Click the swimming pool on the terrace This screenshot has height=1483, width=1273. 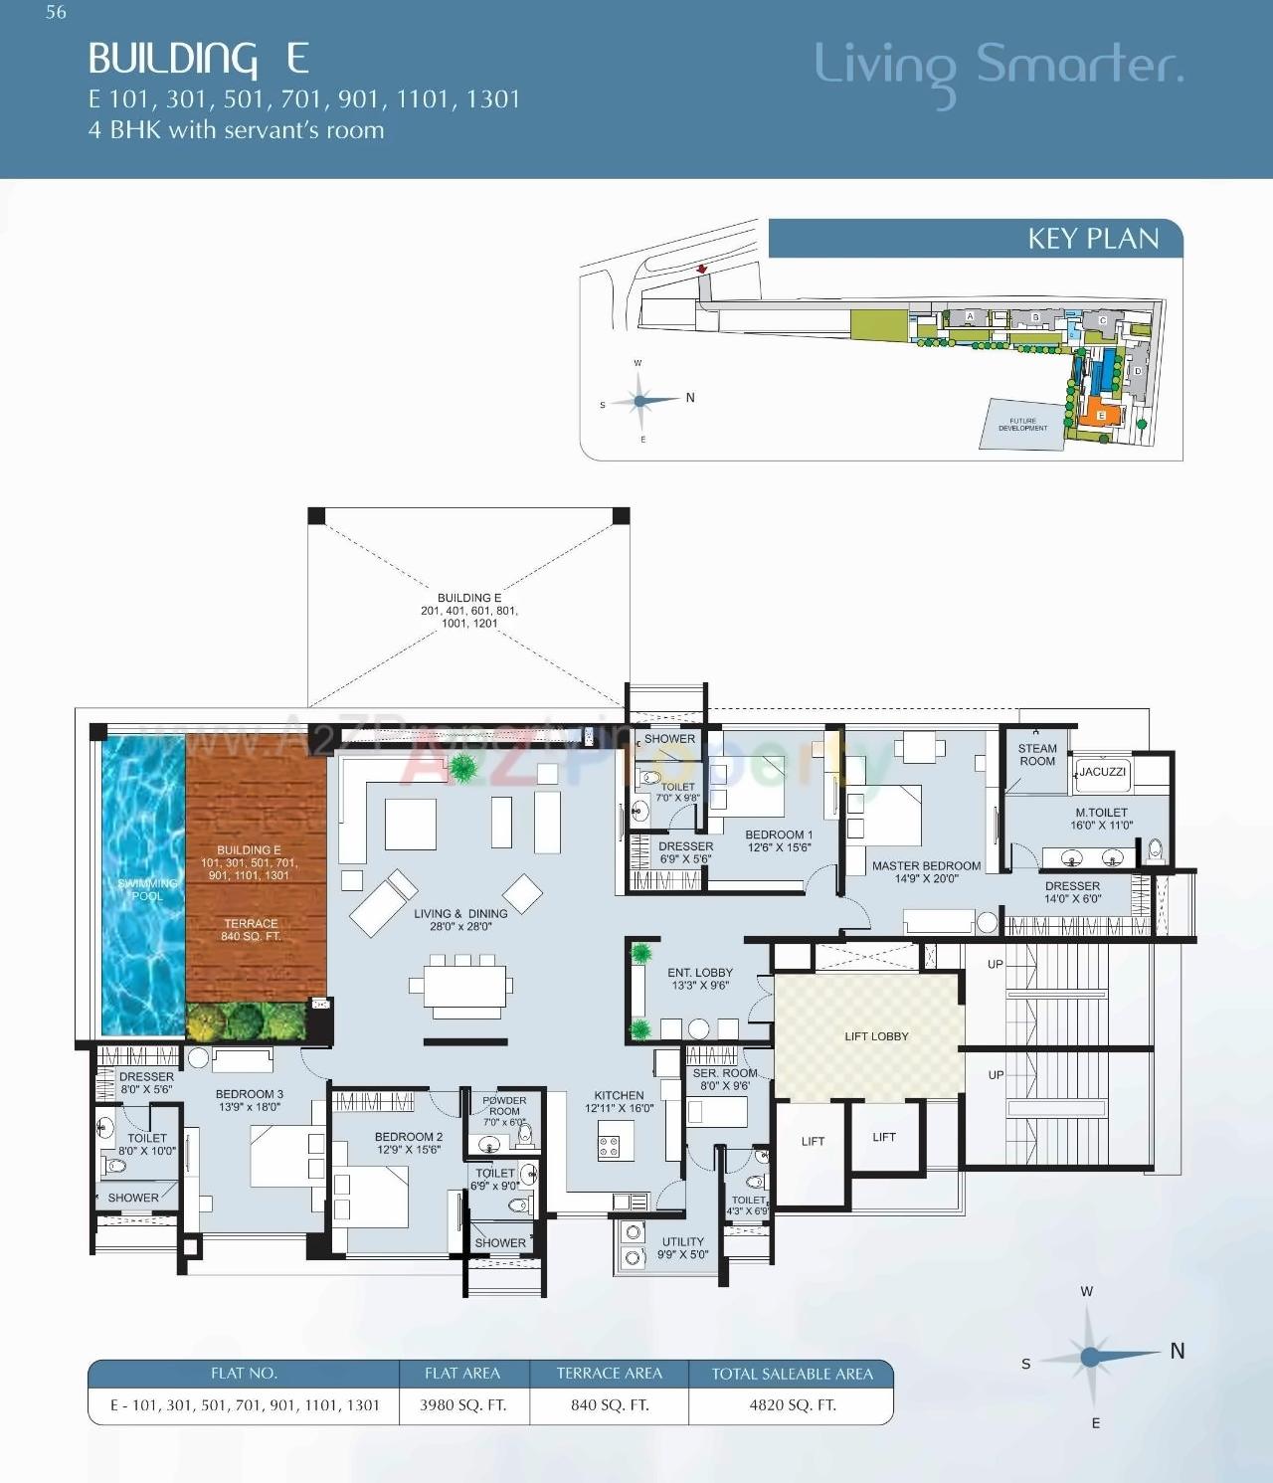pyautogui.click(x=143, y=885)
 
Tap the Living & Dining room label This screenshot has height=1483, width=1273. pyautogui.click(x=460, y=919)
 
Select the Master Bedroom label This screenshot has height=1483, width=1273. pyautogui.click(x=926, y=871)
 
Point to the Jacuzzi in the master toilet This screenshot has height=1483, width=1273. pyautogui.click(x=1102, y=772)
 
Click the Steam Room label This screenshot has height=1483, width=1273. pyautogui.click(x=1037, y=755)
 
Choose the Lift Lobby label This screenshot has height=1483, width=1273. pyautogui.click(x=876, y=1036)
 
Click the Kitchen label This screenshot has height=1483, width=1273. pyautogui.click(x=619, y=1101)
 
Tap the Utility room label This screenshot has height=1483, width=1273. pyautogui.click(x=682, y=1248)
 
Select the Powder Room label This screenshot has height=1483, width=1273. pyautogui.click(x=504, y=1106)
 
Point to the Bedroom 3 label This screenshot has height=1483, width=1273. pyautogui.click(x=249, y=1100)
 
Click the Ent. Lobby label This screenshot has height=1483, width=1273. pyautogui.click(x=700, y=979)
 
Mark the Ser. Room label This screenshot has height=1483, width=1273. pyautogui.click(x=724, y=1079)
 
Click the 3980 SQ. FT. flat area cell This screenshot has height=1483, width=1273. pyautogui.click(x=462, y=1405)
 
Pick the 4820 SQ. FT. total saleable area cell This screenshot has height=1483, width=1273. pyautogui.click(x=793, y=1405)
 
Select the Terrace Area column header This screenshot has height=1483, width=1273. pyautogui.click(x=609, y=1374)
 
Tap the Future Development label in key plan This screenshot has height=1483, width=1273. pyautogui.click(x=1022, y=425)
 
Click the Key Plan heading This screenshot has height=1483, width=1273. pyautogui.click(x=1093, y=239)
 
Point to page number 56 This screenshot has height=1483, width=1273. pyautogui.click(x=56, y=13)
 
